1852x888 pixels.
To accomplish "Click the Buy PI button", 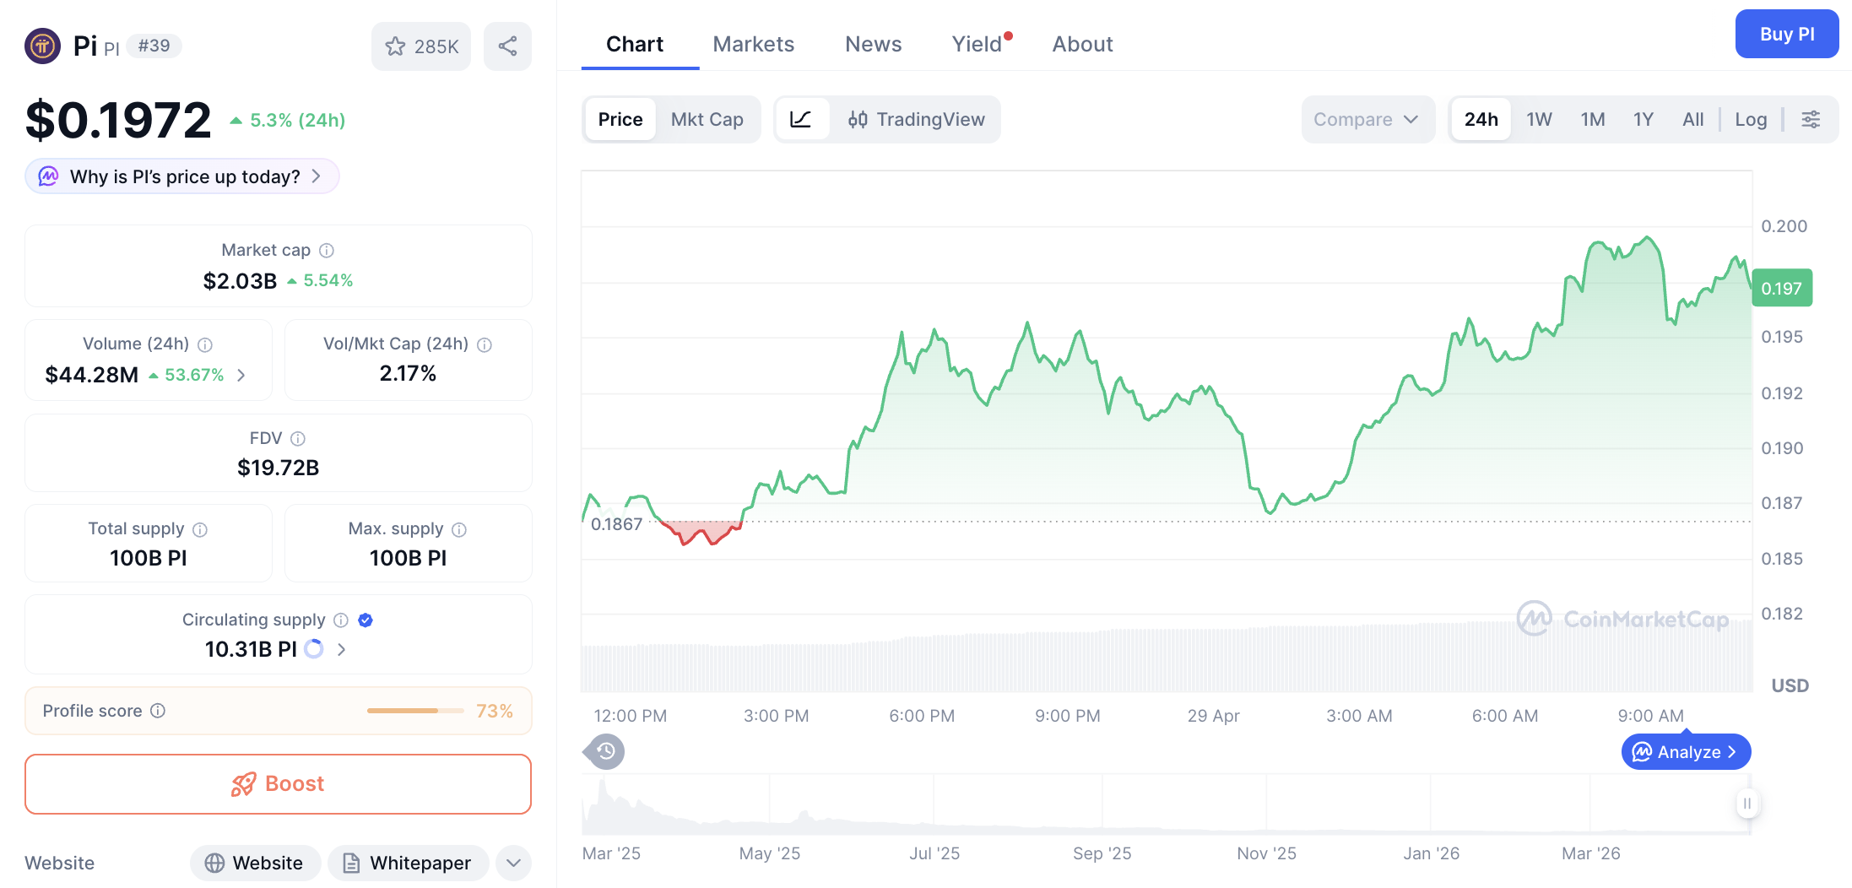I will point(1786,34).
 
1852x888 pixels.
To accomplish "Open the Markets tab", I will point(753,44).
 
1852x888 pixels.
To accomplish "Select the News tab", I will point(873,44).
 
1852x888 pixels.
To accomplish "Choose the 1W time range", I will point(1538,119).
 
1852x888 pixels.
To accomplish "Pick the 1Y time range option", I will point(1643,119).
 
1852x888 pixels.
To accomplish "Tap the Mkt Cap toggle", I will point(707,119).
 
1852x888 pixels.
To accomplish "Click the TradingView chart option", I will point(916,119).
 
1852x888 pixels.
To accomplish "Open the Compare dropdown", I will point(1366,119).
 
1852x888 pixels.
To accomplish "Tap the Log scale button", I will point(1750,119).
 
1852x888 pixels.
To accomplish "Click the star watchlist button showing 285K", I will point(421,46).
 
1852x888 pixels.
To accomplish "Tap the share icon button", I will point(507,46).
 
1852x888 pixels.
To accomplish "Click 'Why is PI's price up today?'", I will point(183,176).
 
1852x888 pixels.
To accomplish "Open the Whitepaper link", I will point(408,863).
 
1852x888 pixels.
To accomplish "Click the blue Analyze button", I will point(1685,751).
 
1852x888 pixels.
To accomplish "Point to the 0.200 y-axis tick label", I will point(1784,226).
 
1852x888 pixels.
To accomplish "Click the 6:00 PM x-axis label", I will point(921,716).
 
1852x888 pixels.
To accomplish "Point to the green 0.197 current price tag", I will point(1781,288).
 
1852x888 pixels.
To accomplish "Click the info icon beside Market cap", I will point(327,250).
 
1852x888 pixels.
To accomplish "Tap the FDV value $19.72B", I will point(278,467).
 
